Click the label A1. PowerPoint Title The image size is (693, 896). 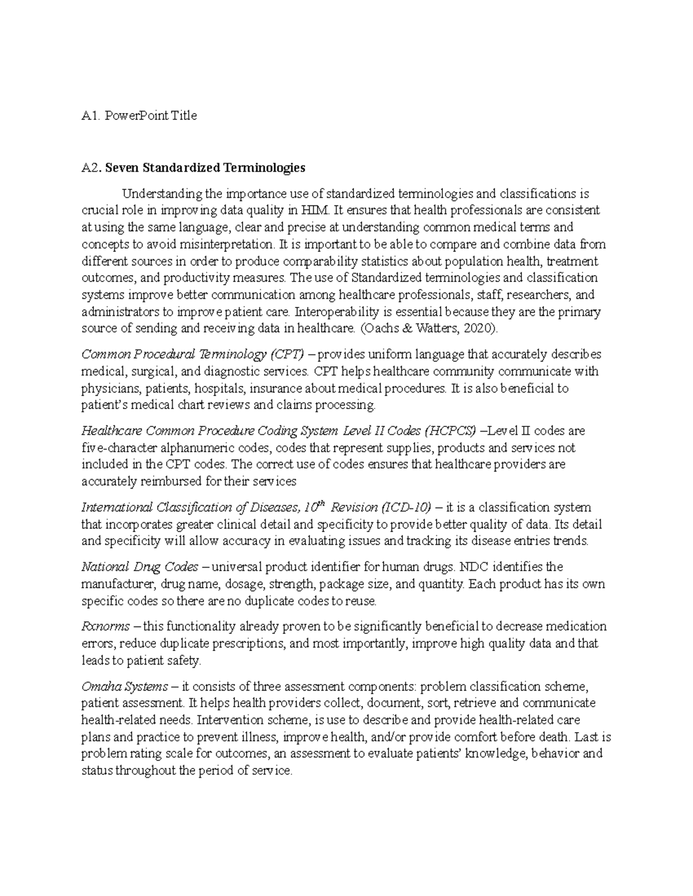tap(139, 115)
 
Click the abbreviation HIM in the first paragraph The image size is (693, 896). tap(319, 210)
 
